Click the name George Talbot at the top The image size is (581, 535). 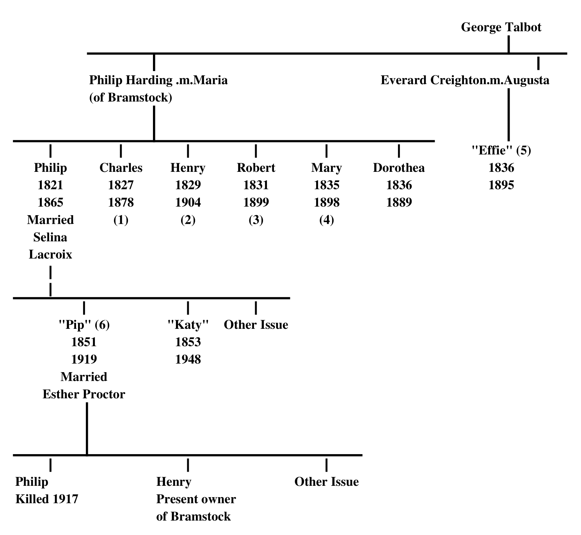click(501, 27)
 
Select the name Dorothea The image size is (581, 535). click(399, 168)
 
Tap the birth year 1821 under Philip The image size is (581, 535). click(50, 185)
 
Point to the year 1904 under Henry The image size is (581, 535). click(188, 202)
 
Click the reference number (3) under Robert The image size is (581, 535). click(256, 220)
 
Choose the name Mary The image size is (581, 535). click(326, 168)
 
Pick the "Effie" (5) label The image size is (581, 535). click(501, 150)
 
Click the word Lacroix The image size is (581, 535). click(50, 255)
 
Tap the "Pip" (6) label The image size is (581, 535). click(84, 325)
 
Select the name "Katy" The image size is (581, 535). click(188, 325)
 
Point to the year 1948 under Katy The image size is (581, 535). click(188, 359)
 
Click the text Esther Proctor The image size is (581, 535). click(84, 394)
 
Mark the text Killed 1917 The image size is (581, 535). click(47, 499)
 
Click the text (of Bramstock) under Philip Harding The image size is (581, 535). click(131, 97)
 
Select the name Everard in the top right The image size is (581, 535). click(404, 80)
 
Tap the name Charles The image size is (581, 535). click(121, 168)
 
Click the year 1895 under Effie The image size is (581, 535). click(501, 185)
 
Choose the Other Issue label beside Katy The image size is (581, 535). click(256, 325)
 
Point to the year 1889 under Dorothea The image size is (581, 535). click(399, 202)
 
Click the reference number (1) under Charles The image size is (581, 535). click(121, 220)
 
